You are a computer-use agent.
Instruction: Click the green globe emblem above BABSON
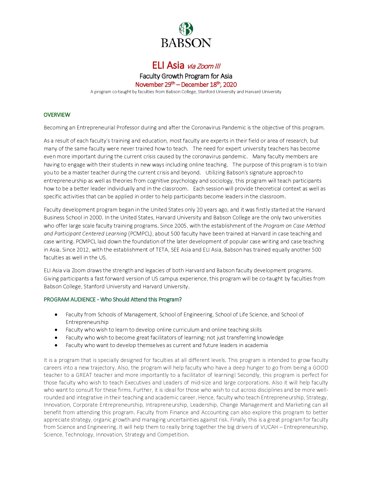186,29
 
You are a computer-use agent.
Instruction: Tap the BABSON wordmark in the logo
186,43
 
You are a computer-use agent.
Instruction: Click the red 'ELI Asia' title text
168,65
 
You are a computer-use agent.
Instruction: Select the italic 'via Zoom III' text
204,66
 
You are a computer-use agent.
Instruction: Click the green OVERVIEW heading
57,115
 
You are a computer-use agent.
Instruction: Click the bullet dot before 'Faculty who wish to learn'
56,330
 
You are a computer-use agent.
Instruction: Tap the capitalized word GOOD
320,368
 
